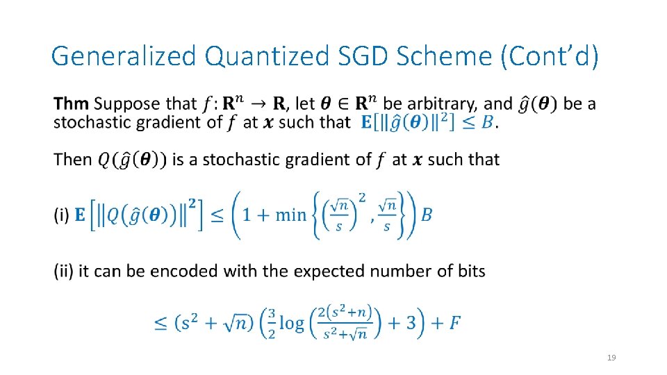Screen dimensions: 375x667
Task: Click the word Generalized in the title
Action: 124,56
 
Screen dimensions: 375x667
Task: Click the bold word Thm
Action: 71,104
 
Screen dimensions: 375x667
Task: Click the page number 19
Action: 611,358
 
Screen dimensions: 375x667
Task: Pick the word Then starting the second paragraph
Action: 73,160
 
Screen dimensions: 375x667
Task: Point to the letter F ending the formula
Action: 454,323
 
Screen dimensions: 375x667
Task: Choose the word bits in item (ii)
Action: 471,271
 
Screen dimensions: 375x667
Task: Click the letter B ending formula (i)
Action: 427,215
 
